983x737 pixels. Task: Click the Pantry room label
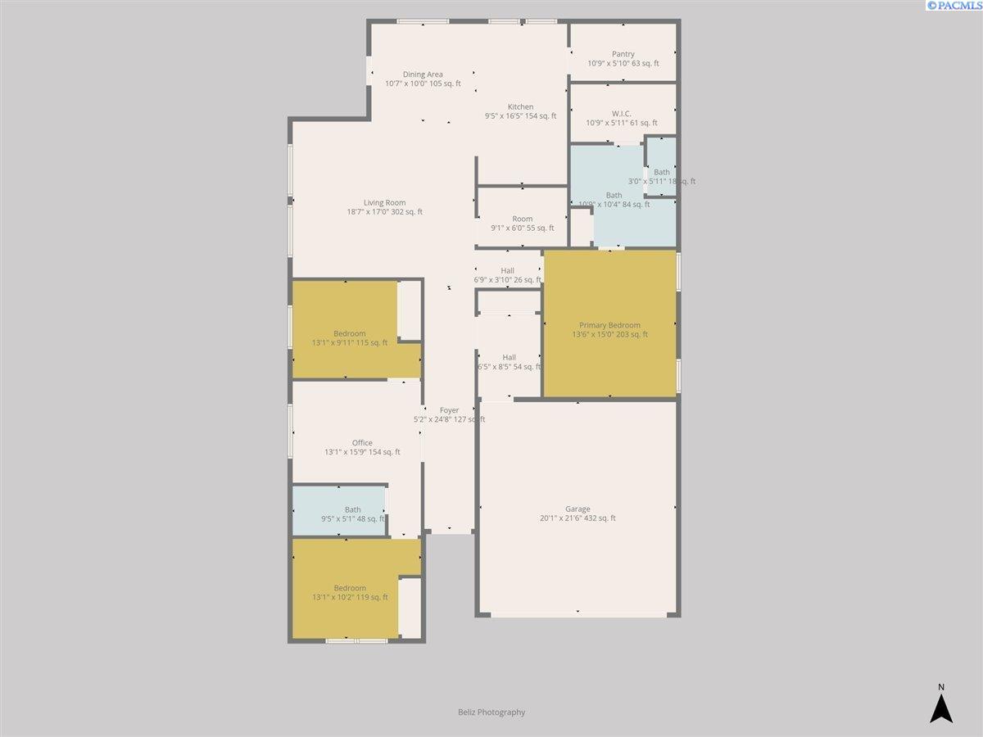pos(623,54)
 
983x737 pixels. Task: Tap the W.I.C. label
pos(622,114)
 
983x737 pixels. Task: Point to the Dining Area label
pos(423,75)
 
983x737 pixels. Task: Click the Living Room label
pos(385,203)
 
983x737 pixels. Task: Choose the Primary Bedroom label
pos(609,325)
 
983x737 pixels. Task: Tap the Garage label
pos(578,509)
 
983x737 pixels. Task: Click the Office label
pos(362,442)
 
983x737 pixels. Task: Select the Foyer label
pos(449,410)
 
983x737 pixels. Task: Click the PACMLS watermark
pos(954,6)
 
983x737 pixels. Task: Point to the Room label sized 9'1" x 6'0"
pos(523,219)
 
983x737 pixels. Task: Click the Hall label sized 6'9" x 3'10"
pos(507,271)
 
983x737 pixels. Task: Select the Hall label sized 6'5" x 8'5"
pos(510,357)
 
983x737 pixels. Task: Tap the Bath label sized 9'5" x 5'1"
pos(353,509)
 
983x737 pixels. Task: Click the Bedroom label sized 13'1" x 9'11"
pos(350,333)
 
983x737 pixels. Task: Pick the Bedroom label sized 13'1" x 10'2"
pos(350,588)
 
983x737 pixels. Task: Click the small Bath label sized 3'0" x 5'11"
pos(662,172)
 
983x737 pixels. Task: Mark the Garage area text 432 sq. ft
pos(597,518)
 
